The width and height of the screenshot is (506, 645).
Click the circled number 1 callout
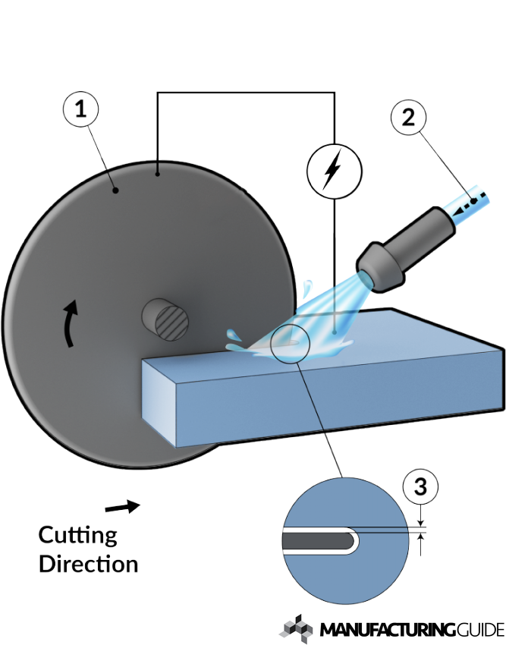pos(80,109)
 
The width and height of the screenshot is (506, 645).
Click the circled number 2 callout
pos(408,118)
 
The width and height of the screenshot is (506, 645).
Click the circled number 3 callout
pos(420,487)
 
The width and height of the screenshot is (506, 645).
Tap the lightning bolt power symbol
pos(334,170)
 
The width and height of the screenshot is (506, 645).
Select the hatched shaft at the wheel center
pos(166,319)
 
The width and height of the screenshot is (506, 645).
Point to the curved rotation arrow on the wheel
pos(70,323)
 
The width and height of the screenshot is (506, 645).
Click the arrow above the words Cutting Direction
pos(123,506)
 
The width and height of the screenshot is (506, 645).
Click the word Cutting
pos(77,536)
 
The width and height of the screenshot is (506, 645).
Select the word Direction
pos(89,564)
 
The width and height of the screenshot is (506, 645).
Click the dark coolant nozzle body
pos(406,250)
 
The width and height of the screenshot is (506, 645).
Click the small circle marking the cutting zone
pos(290,343)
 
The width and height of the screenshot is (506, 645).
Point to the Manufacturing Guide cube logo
pos(295,629)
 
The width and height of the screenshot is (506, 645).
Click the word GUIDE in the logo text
pos(480,630)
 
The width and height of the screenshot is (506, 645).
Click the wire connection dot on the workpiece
pos(335,332)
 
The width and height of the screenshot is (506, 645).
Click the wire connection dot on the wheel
pos(158,175)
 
